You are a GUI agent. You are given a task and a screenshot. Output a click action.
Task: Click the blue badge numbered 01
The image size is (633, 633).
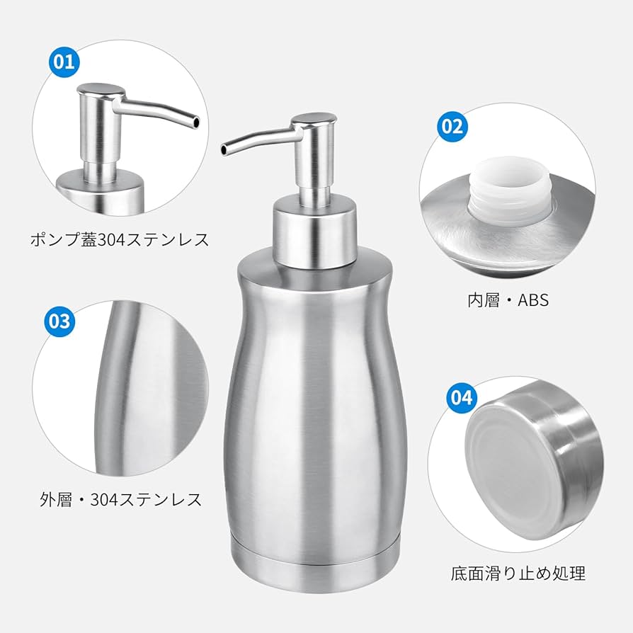click(64, 61)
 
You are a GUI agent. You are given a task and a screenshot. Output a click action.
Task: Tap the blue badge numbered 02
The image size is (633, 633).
click(452, 126)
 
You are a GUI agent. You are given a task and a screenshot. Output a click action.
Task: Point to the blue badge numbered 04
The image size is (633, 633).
click(460, 397)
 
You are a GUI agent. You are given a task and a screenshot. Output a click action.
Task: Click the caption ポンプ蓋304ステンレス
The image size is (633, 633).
click(120, 239)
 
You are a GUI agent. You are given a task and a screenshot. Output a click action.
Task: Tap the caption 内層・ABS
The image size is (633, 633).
click(508, 300)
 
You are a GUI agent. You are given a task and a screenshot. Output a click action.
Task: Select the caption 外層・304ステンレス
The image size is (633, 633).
click(120, 499)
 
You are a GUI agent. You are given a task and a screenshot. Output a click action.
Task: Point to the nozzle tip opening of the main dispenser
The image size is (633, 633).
click(225, 150)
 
